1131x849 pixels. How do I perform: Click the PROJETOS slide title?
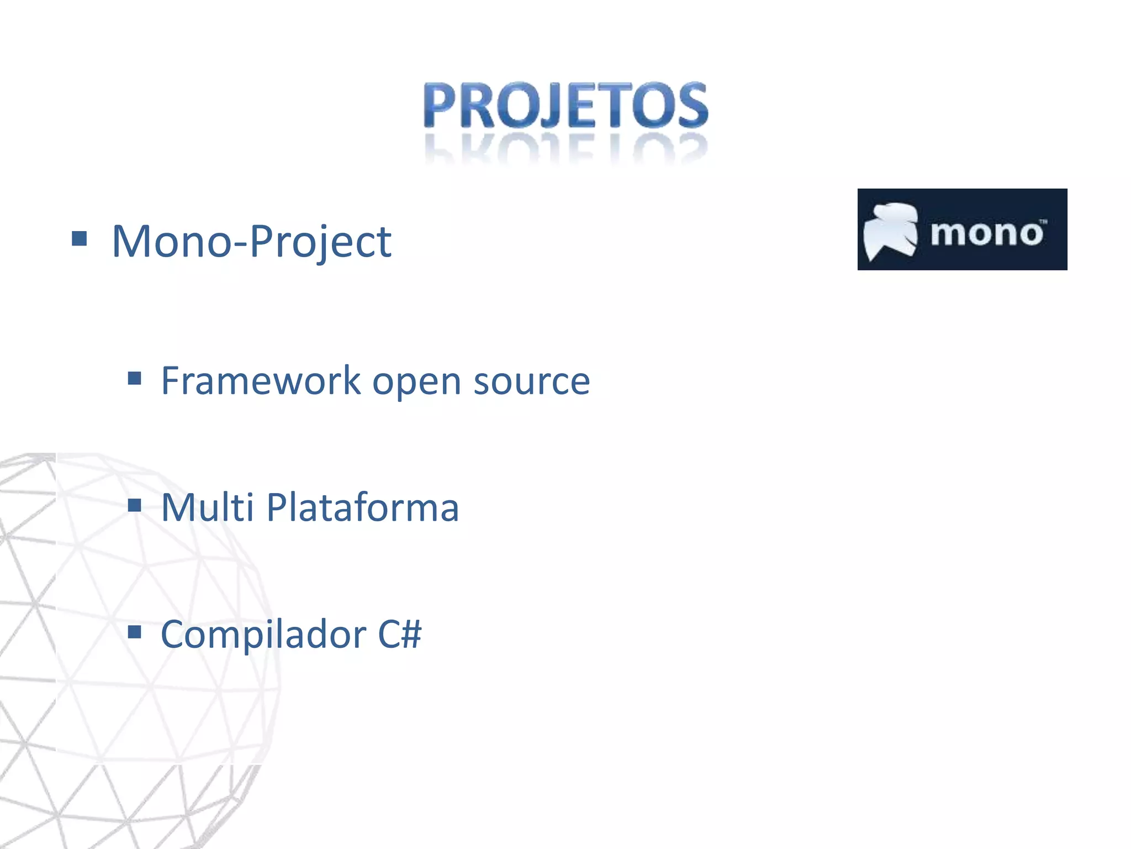(x=565, y=105)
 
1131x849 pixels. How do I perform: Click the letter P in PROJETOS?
(x=443, y=105)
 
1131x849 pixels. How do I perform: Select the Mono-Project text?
(x=251, y=241)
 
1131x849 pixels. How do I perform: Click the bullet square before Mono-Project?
(x=80, y=239)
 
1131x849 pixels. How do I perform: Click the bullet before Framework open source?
(x=134, y=379)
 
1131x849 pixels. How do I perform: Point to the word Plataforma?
(x=362, y=507)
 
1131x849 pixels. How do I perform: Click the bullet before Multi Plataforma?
(x=134, y=505)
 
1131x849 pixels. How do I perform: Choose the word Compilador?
(x=263, y=635)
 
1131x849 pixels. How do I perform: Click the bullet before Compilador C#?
(x=134, y=631)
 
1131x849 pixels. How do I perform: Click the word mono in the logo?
(x=986, y=233)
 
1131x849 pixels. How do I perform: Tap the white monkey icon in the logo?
(x=890, y=230)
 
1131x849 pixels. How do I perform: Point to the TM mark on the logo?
(x=1043, y=222)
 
